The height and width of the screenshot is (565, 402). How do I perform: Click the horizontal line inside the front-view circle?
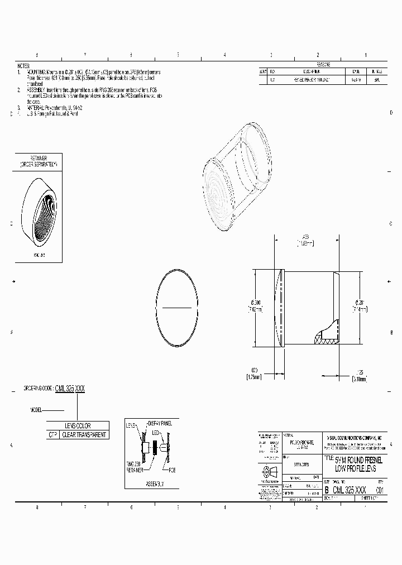click(x=177, y=308)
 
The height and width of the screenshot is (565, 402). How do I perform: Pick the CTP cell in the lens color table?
click(x=53, y=434)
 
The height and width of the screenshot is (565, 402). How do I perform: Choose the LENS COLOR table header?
click(x=78, y=425)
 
